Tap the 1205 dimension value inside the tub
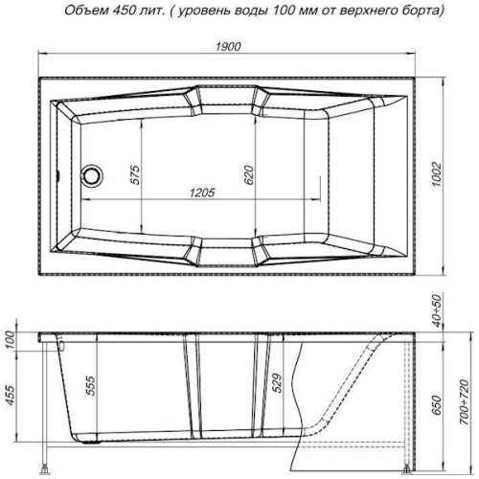pyautogui.click(x=201, y=193)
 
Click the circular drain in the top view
pyautogui.click(x=92, y=175)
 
